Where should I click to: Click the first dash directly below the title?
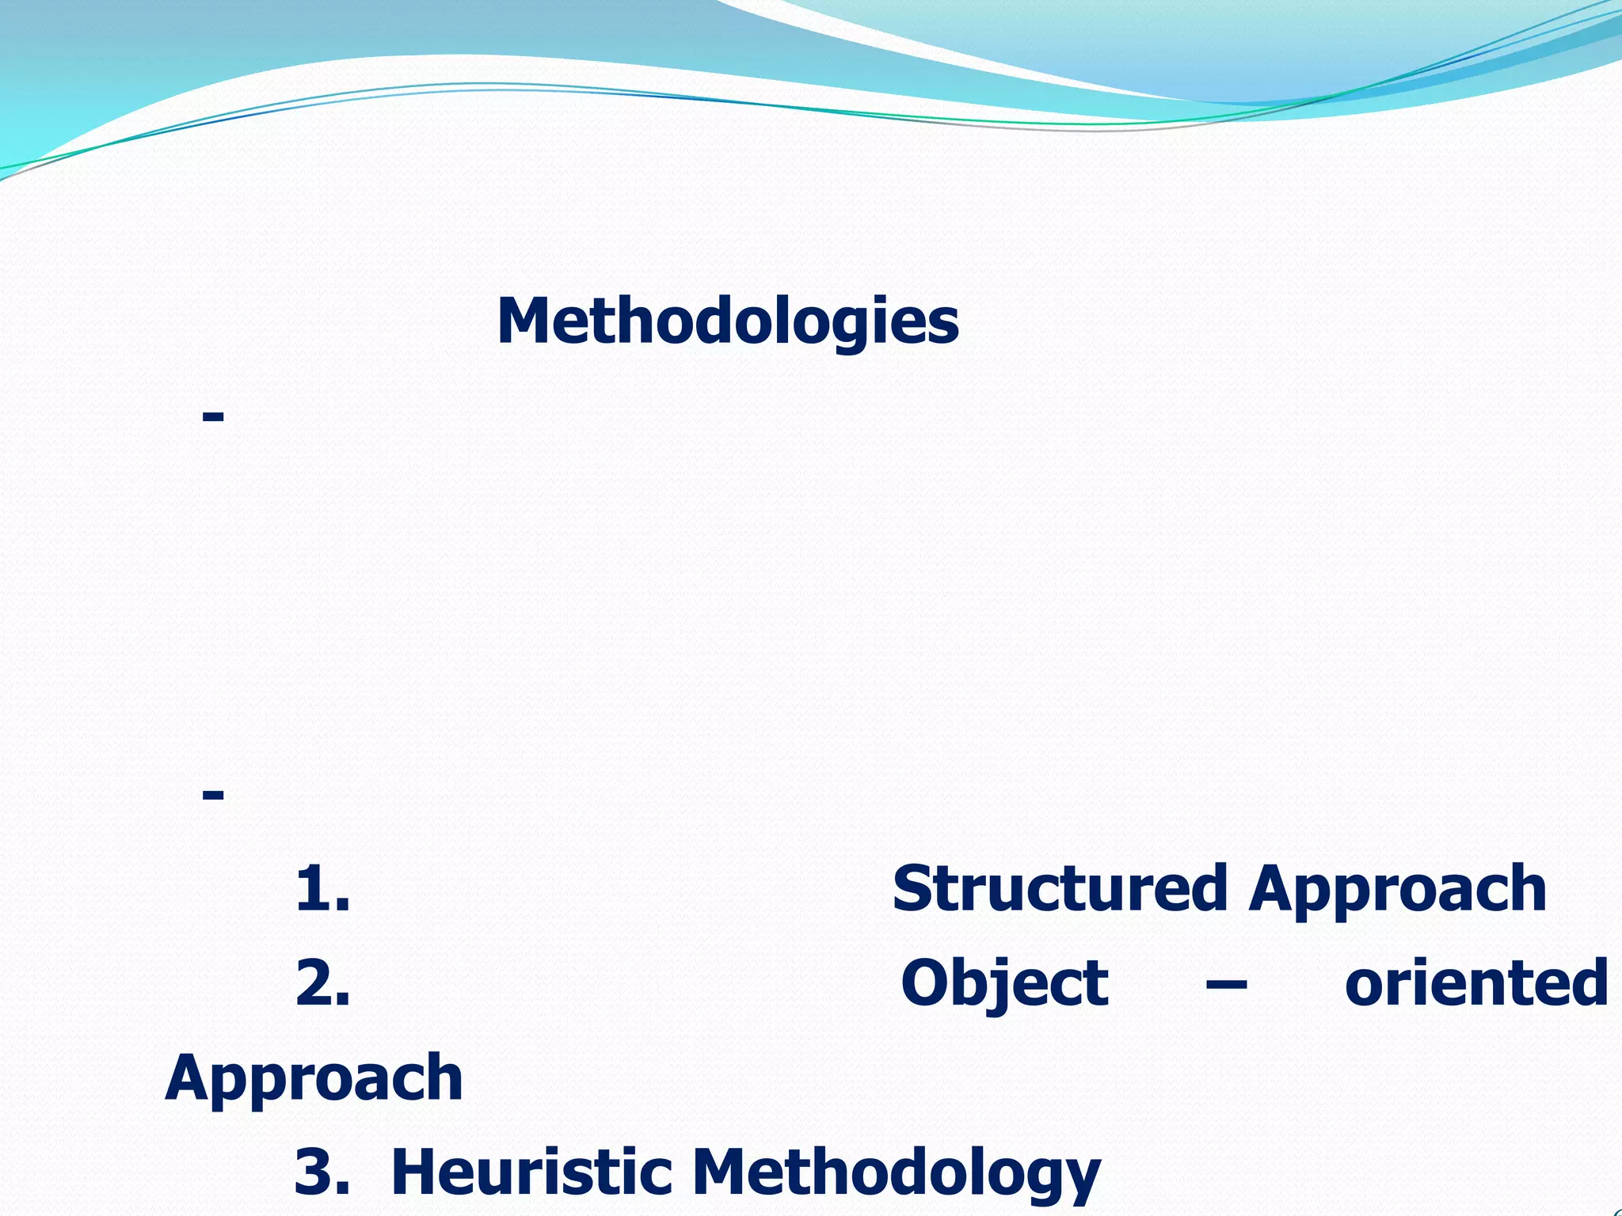(x=213, y=416)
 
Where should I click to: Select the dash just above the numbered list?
(x=213, y=793)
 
